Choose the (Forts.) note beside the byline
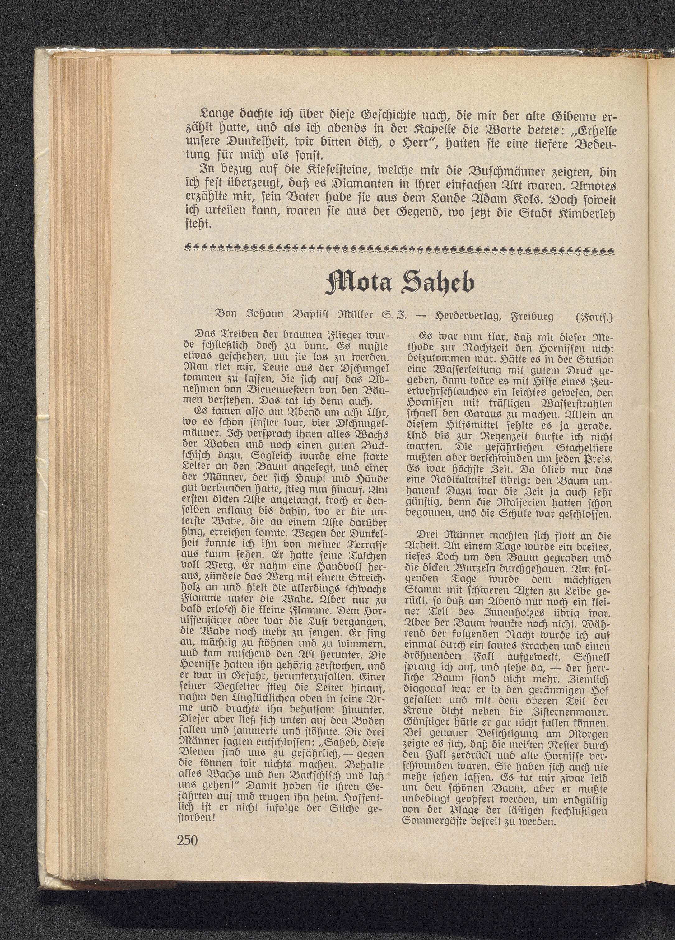594,317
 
